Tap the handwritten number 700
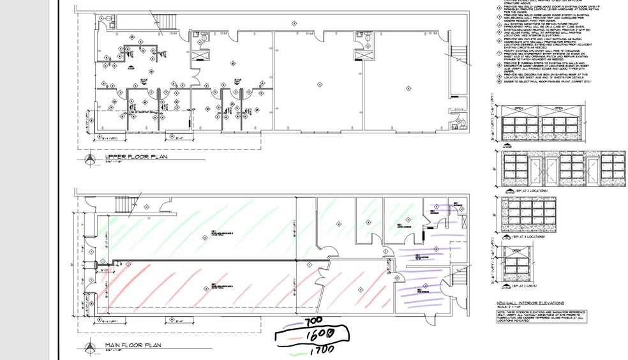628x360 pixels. [x=315, y=322]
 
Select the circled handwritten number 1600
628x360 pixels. [x=317, y=334]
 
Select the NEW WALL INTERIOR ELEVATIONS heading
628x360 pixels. [x=530, y=303]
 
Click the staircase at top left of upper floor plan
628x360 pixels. [x=168, y=20]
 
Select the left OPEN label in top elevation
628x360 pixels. [x=518, y=109]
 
